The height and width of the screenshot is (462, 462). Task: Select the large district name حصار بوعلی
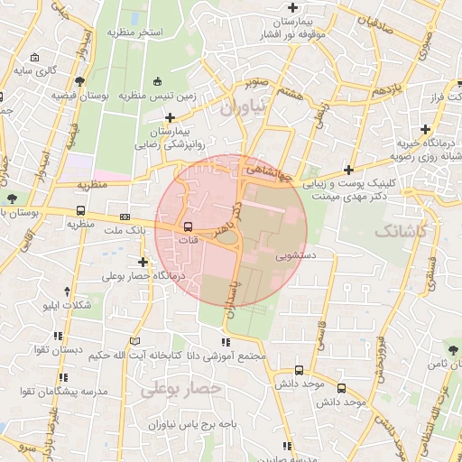[181, 388]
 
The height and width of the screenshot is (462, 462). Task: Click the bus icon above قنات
[189, 226]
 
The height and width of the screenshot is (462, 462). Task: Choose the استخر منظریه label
[134, 32]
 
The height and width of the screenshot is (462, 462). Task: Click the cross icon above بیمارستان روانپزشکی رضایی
[171, 116]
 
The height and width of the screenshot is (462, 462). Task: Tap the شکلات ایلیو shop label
[68, 306]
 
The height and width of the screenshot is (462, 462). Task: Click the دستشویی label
[295, 255]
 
